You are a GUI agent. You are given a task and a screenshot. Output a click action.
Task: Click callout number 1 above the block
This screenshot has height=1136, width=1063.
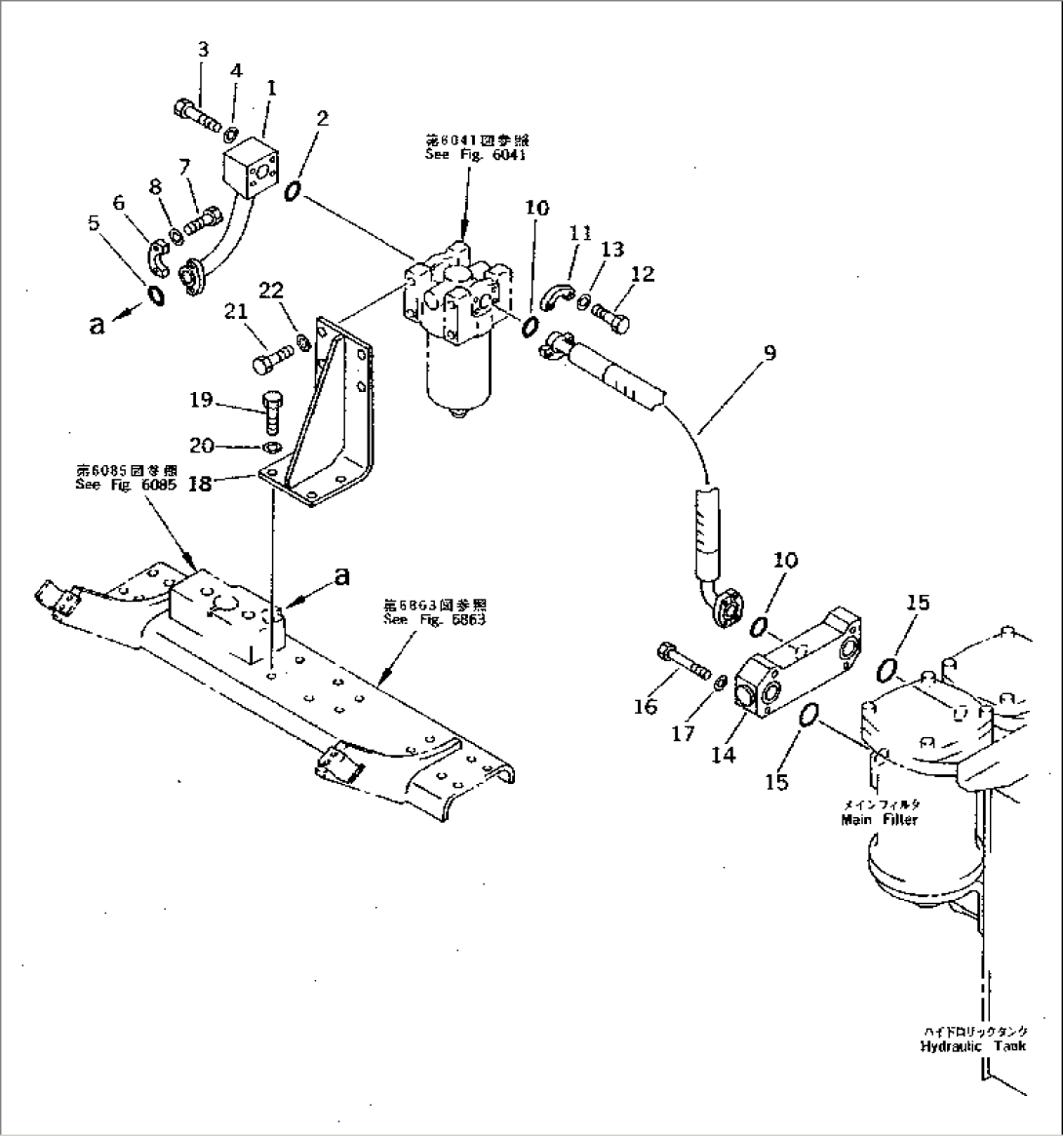point(271,88)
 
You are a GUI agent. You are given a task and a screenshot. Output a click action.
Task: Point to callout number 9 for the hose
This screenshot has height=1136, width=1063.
point(769,353)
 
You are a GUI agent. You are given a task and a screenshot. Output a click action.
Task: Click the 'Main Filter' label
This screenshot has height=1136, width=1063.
point(879,820)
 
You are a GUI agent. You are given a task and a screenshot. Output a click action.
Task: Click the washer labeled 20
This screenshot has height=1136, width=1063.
point(274,448)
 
